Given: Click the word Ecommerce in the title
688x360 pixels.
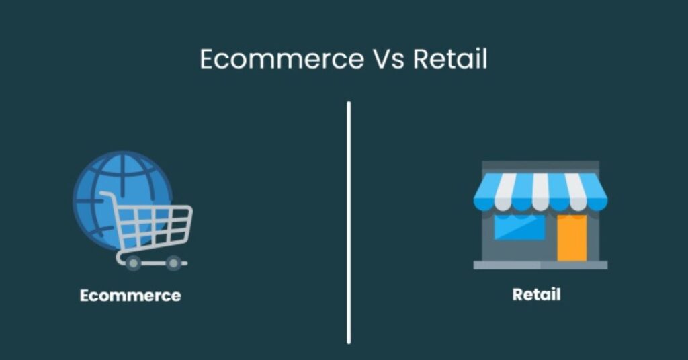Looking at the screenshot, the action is click(282, 59).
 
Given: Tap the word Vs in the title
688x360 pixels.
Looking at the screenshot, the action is click(389, 59).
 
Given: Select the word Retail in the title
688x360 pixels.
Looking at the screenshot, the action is click(450, 59).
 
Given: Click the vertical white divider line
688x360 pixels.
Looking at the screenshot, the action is click(349, 223).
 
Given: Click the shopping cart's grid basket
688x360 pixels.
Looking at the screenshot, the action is click(154, 226).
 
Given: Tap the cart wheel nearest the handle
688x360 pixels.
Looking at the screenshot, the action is click(133, 263).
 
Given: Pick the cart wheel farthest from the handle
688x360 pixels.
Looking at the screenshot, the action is click(173, 263).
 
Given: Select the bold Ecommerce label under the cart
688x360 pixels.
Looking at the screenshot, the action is click(130, 296).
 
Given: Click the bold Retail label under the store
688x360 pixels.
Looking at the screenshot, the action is click(536, 294).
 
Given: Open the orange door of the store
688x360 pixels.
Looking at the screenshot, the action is click(572, 238).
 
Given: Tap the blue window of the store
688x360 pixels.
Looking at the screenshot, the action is click(519, 227).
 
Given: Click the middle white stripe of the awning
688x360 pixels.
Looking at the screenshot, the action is click(540, 191).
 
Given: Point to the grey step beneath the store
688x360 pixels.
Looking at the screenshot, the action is click(540, 265).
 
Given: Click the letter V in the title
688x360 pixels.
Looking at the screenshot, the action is click(381, 59).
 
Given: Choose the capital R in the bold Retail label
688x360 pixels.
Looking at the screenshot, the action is click(518, 294).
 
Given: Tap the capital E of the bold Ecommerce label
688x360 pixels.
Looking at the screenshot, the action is click(85, 296).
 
